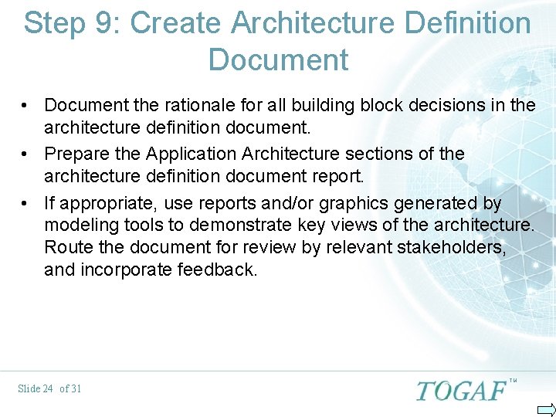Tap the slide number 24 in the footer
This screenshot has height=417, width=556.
click(47, 388)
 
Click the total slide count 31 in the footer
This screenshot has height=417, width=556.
click(75, 388)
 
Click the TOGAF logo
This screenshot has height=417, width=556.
click(462, 390)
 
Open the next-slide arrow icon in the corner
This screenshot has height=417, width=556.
click(546, 409)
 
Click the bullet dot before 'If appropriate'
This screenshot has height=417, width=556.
click(25, 203)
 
